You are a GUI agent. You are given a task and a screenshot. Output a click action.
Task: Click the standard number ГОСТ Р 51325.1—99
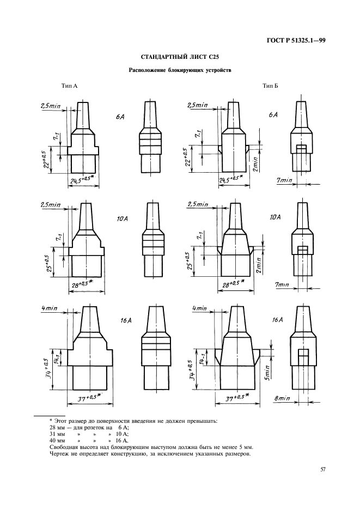coord(296,41)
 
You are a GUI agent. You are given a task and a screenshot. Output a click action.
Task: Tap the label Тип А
coord(69,86)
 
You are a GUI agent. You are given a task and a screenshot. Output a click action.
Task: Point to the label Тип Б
coord(270,86)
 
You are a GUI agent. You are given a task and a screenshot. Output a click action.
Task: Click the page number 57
coord(323,469)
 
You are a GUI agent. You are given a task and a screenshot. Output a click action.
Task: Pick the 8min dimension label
coord(282,398)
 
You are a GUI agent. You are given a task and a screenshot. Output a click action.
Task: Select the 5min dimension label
coord(267,372)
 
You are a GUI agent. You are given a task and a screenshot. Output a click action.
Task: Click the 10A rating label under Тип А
coord(122,219)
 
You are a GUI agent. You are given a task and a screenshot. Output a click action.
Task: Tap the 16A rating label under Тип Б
coord(277,320)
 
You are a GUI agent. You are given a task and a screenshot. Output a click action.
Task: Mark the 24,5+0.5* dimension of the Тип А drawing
coord(83,179)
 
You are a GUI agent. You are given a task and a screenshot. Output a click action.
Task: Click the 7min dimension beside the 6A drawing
coord(284,180)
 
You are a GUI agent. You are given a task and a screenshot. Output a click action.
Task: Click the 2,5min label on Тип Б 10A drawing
coord(197,204)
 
